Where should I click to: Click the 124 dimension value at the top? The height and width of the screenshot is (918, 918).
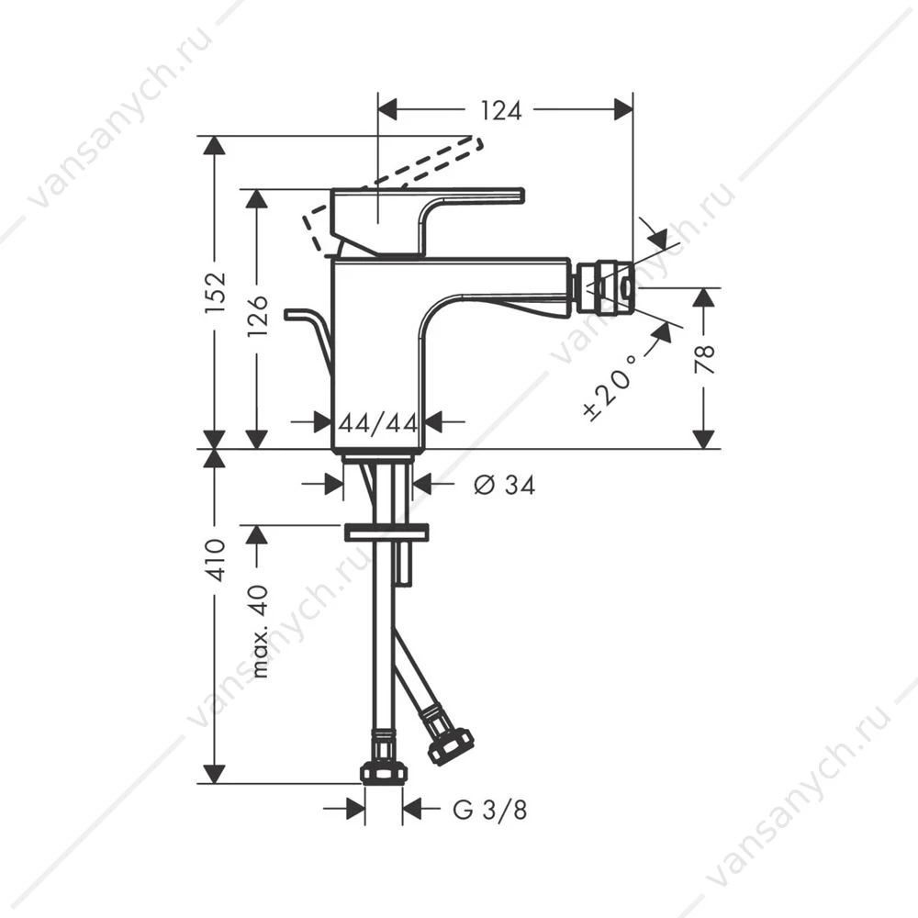point(500,110)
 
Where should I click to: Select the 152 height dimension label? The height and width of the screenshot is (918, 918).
point(215,292)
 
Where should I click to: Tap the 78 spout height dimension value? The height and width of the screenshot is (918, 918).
point(704,360)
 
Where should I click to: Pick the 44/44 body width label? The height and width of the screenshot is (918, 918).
point(378,422)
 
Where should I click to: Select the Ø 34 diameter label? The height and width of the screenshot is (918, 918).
point(504,485)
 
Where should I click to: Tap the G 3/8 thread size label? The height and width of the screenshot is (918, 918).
point(490,810)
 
